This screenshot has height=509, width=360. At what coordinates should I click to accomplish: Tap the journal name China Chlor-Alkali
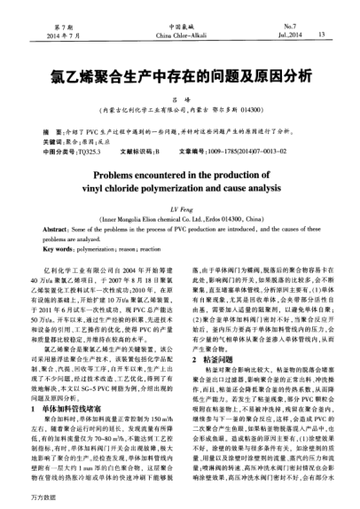click(180, 35)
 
